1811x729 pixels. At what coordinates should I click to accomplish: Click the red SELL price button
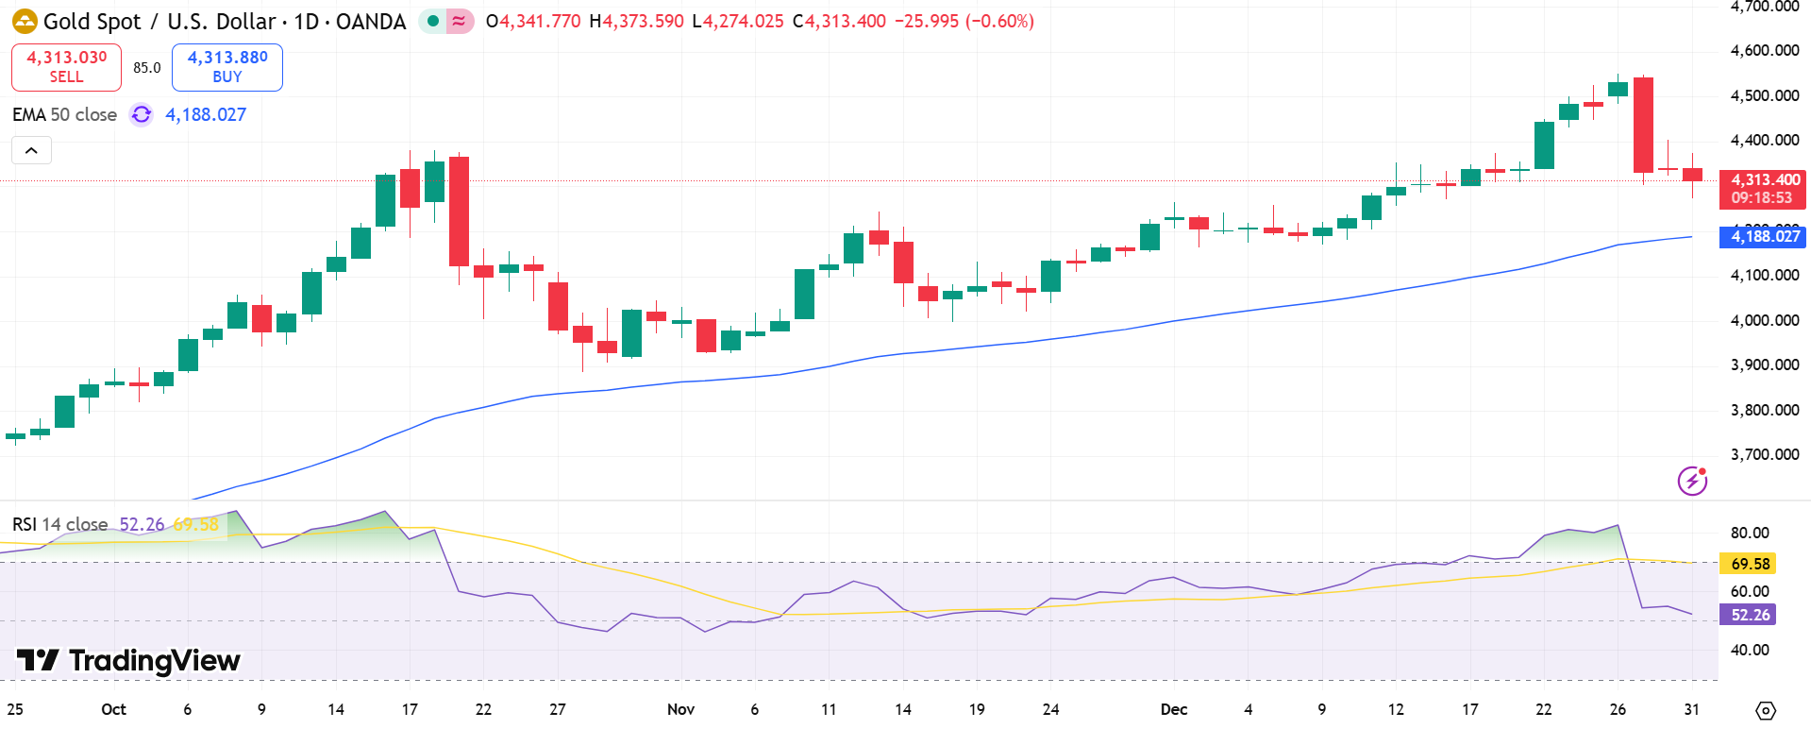tap(66, 67)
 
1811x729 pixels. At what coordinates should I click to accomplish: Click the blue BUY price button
tap(227, 67)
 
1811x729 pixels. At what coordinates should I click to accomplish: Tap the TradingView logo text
tap(129, 661)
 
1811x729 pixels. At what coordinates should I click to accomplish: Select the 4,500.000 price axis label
tap(1764, 95)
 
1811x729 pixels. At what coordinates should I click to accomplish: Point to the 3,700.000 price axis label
tap(1764, 454)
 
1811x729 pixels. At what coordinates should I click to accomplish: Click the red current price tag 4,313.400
tap(1762, 189)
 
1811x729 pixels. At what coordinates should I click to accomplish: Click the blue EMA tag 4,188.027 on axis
tap(1762, 236)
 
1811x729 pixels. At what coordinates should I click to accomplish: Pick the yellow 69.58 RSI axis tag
tap(1749, 564)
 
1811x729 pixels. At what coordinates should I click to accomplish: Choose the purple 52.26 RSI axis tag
tap(1749, 615)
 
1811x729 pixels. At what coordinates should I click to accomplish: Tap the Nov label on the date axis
tap(680, 709)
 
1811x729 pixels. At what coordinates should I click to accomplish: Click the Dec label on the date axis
tap(1174, 709)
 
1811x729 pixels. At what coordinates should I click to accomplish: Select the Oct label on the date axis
tap(113, 709)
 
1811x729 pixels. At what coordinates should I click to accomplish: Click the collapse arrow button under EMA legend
tap(31, 150)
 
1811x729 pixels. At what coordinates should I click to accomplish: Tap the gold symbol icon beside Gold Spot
tap(25, 21)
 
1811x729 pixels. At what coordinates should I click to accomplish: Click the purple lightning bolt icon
tap(1692, 481)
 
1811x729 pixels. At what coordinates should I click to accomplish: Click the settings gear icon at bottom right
tap(1765, 710)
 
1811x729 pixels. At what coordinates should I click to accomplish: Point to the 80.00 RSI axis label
tap(1749, 533)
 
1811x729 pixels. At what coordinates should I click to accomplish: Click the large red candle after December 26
tap(1643, 125)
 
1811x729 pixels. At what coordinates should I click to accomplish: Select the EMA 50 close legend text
tap(64, 114)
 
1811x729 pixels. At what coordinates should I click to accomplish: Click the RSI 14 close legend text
tap(59, 524)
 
